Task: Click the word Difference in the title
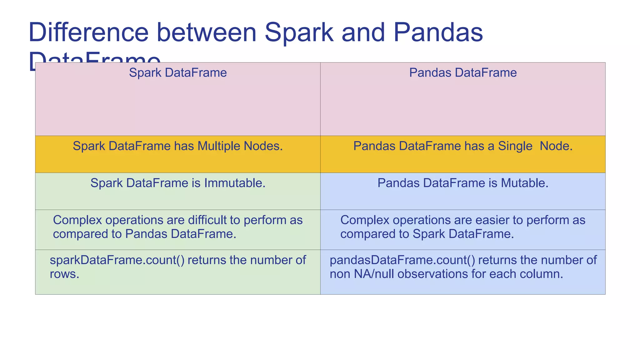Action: [x=88, y=32]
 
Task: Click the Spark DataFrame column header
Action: [x=178, y=73]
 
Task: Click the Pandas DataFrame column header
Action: [x=463, y=73]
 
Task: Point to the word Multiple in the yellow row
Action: [x=215, y=146]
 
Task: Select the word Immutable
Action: [x=235, y=183]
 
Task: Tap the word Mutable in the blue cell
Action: [x=524, y=183]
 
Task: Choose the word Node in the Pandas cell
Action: [x=556, y=146]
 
